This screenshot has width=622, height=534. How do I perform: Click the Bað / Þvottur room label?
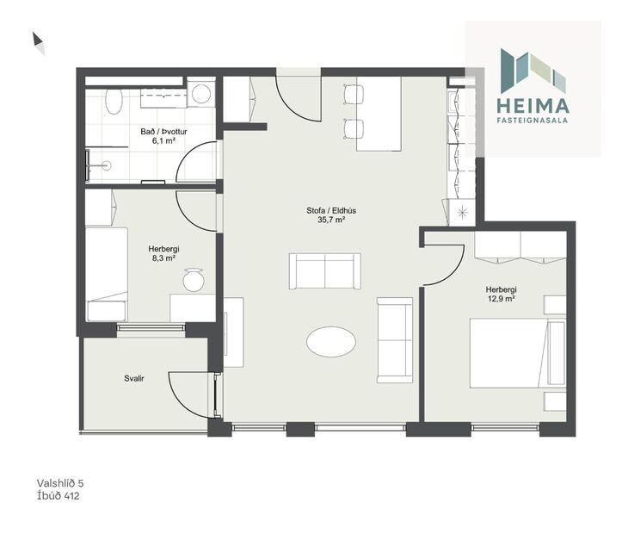pos(164,132)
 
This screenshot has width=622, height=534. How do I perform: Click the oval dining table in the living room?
pos(331,341)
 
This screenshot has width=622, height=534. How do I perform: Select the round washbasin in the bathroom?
pos(201,93)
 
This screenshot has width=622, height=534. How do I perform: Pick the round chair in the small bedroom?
pos(193,280)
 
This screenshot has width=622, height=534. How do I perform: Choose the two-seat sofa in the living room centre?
pos(324,272)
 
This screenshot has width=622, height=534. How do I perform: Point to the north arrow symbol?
pos(39,43)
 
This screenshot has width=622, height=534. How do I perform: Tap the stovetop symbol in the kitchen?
pos(463,211)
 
